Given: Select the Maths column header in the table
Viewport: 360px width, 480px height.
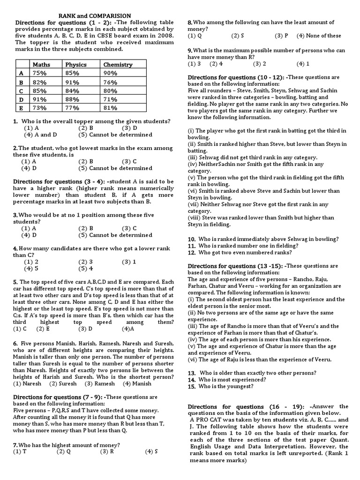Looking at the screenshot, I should [x=41, y=64].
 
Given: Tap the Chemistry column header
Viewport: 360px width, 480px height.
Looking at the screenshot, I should [x=118, y=64].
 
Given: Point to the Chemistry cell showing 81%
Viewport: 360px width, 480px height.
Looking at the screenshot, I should [x=111, y=107].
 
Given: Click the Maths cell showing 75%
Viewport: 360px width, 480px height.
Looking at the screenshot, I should [x=39, y=73].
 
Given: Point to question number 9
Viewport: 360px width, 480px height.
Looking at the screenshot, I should [x=190, y=50].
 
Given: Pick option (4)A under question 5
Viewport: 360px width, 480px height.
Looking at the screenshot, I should [x=128, y=329].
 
